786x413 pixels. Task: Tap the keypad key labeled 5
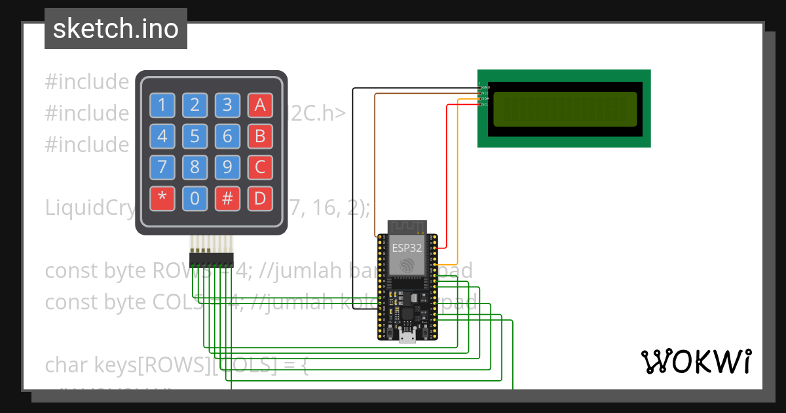tap(195, 136)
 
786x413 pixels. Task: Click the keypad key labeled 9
tap(227, 167)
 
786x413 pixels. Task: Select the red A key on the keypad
tap(260, 105)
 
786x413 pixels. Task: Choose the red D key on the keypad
tap(260, 199)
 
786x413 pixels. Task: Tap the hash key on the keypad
tap(227, 199)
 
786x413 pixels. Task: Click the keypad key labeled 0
tap(195, 199)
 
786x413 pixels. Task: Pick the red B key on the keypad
tap(260, 136)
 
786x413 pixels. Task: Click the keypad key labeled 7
tap(162, 167)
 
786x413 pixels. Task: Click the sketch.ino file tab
tap(116, 29)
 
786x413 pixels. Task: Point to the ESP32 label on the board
tap(407, 248)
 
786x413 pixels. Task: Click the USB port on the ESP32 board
tap(407, 337)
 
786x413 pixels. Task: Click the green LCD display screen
tap(564, 109)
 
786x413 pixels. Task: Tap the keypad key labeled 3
tap(227, 105)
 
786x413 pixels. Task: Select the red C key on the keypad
tap(260, 167)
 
